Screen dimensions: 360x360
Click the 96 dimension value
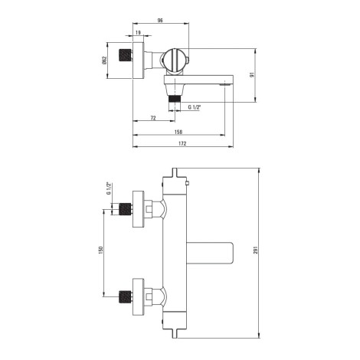160,21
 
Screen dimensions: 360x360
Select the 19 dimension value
138,32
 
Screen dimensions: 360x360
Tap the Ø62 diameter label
104,61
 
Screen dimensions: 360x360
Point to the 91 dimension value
252,75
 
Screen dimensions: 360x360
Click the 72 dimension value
153,118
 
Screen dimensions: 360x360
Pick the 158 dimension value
178,132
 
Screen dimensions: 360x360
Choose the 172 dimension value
182,143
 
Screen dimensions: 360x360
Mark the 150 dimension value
100,250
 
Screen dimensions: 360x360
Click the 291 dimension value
256,250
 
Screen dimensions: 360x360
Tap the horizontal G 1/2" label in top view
195,107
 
